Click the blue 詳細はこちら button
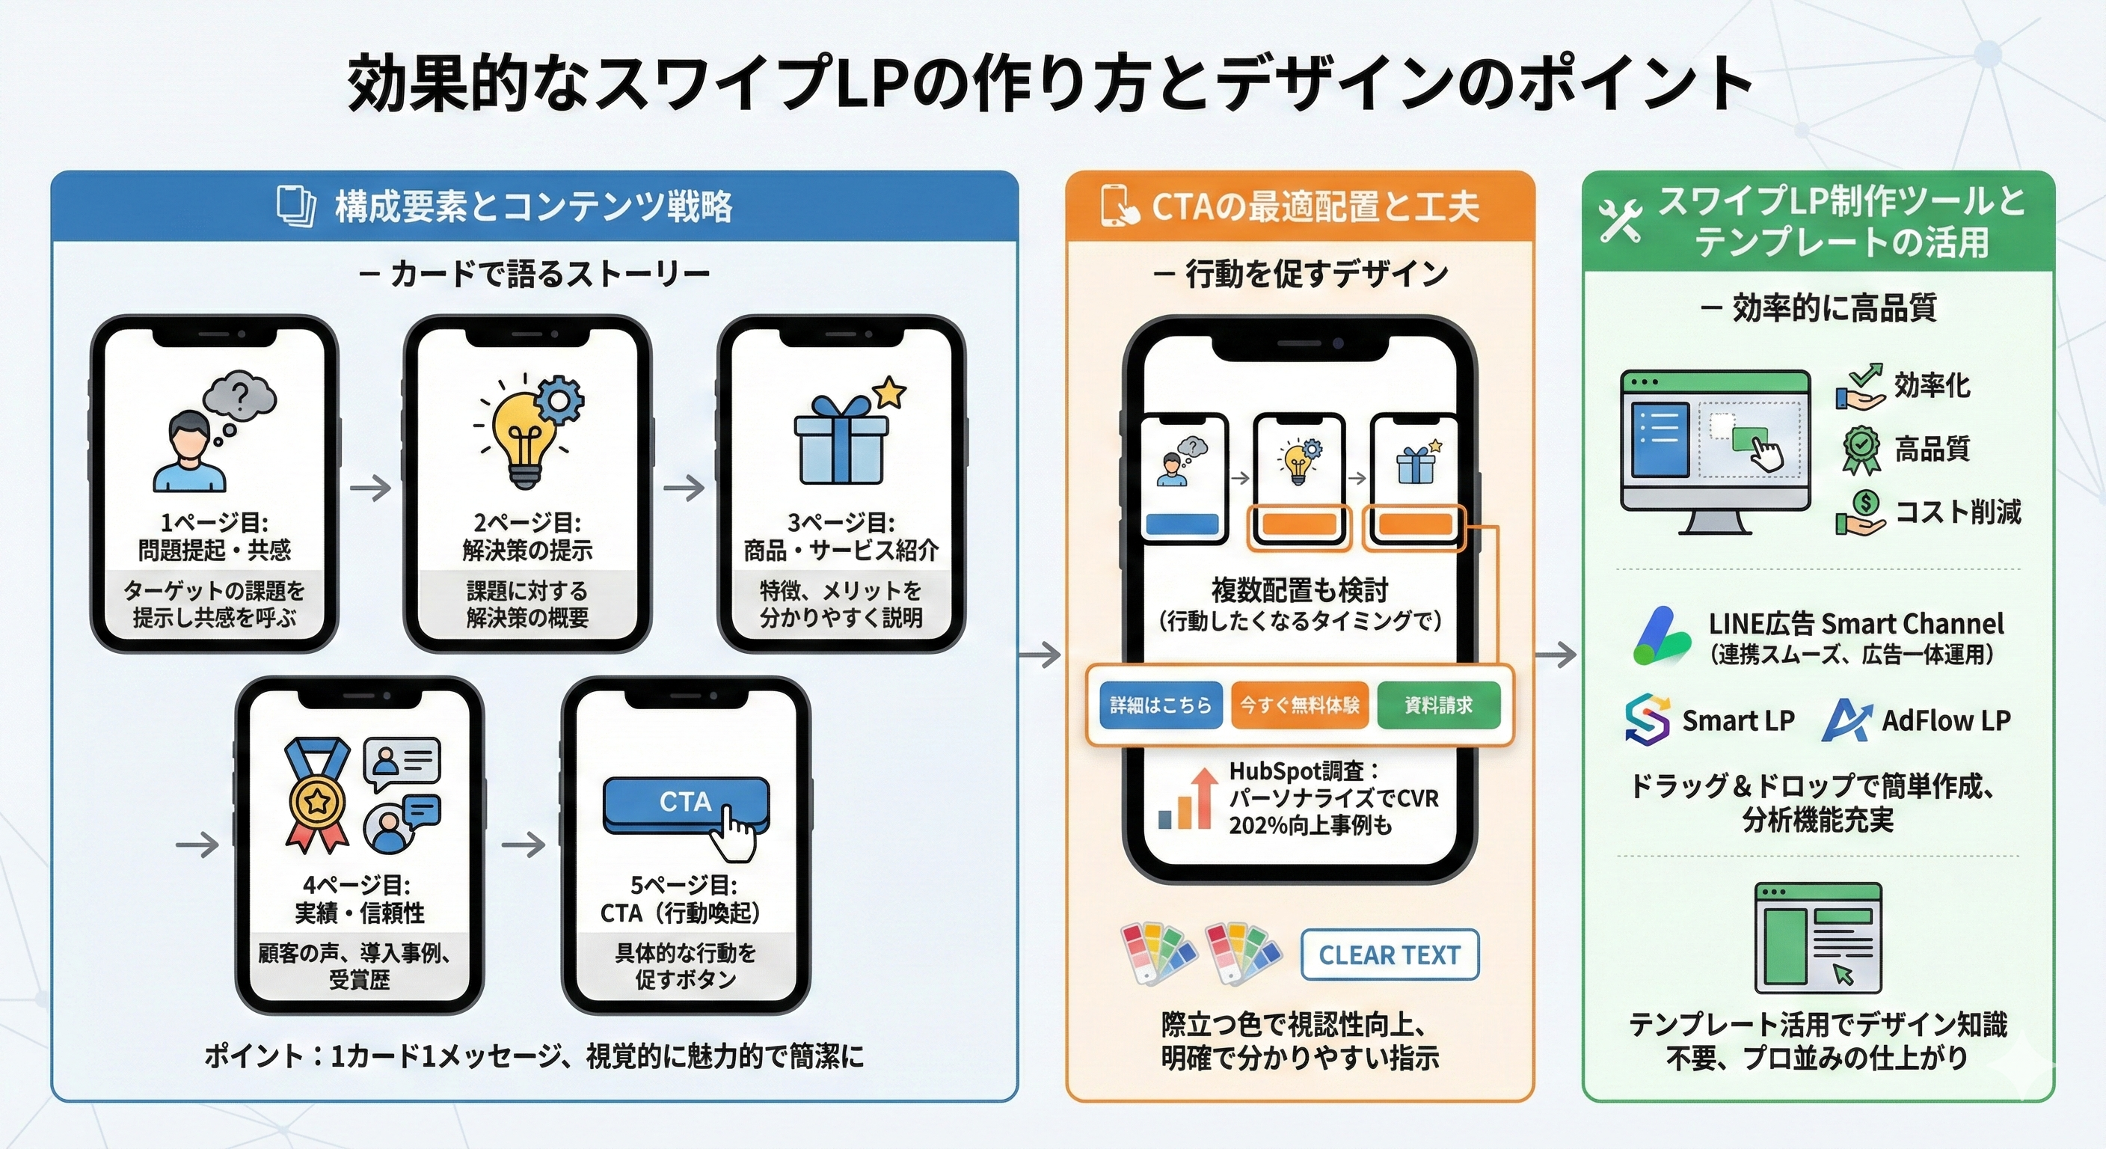[x=1160, y=705]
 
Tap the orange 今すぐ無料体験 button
[x=1299, y=705]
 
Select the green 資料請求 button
[x=1438, y=705]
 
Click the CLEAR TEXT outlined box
[x=1389, y=955]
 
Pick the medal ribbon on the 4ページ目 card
[x=316, y=793]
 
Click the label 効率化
[x=1932, y=385]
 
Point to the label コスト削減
[x=1957, y=512]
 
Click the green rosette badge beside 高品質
[x=1861, y=448]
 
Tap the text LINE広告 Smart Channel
[x=1855, y=624]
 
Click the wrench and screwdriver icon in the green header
[x=1621, y=221]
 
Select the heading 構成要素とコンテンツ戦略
[x=533, y=207]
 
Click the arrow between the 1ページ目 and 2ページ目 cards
[x=370, y=488]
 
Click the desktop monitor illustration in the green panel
[x=1715, y=450]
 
